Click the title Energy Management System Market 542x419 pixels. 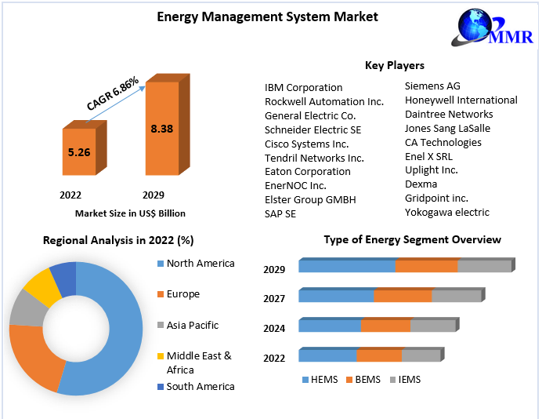267,16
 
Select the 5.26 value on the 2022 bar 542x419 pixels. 79,152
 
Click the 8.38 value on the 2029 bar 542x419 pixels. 161,129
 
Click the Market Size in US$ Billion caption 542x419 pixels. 130,213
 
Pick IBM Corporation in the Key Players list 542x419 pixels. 303,87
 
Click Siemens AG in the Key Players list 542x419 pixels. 432,86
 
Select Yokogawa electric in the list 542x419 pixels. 446,212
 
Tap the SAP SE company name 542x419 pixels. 280,213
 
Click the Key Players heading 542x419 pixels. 394,65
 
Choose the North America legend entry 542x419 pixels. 200,264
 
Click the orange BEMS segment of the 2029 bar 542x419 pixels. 426,266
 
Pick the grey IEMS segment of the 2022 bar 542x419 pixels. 421,355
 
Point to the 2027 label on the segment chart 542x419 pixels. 274,298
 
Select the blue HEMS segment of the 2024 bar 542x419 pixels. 330,326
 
